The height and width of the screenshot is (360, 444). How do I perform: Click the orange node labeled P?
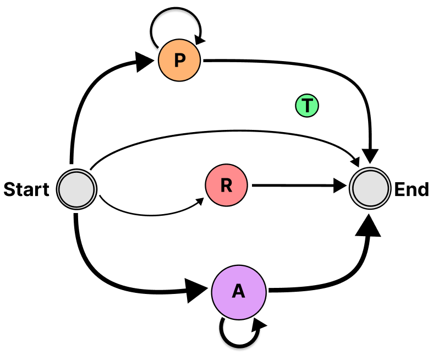pos(180,61)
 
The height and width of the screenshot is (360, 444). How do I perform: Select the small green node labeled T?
pos(307,106)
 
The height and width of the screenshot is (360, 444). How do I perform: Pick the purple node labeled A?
pos(239,291)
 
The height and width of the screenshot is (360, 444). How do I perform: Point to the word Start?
pos(26,190)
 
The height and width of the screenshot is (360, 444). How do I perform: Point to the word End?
pos(412,190)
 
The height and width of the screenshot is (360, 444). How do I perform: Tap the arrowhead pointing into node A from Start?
pos(197,291)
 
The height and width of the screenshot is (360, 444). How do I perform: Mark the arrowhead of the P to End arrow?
pos(372,156)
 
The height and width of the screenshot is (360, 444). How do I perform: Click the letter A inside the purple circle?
pos(239,291)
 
